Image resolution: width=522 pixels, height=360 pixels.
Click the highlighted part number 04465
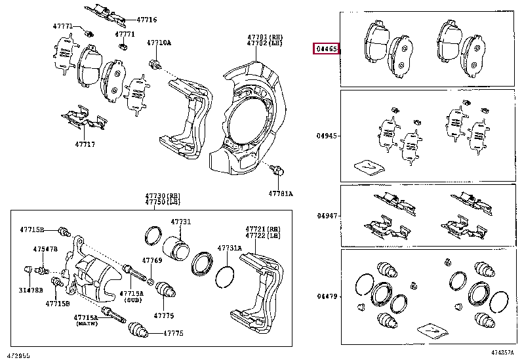(327, 49)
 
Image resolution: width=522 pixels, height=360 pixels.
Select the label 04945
(327, 136)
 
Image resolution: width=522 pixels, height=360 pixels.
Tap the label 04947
(327, 216)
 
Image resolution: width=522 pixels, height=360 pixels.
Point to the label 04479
(327, 296)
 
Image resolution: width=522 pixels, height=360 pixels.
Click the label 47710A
(159, 43)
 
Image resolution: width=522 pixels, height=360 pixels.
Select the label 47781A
(280, 193)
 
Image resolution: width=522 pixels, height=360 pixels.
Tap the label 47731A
(230, 247)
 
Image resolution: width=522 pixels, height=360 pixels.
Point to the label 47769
(153, 260)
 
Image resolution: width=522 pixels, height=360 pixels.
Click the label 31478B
(31, 289)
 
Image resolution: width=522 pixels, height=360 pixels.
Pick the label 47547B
(46, 249)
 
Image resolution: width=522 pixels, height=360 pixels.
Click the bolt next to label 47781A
(277, 171)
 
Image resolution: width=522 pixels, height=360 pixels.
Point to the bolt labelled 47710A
(155, 64)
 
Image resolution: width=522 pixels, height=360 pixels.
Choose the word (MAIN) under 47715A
(85, 324)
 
